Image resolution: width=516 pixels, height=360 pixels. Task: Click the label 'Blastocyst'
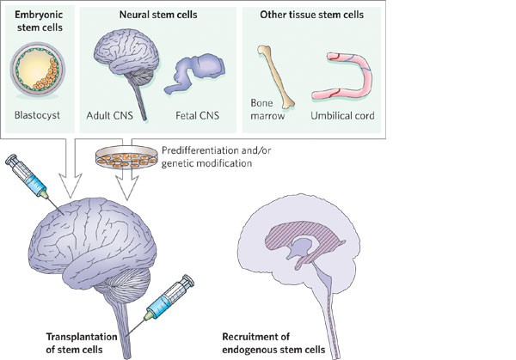click(40, 112)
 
